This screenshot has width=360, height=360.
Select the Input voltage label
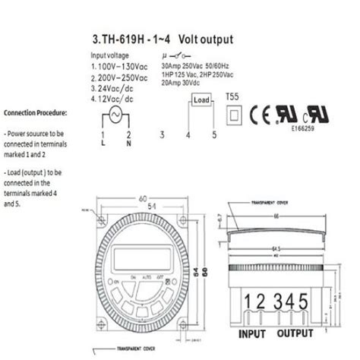[112, 56]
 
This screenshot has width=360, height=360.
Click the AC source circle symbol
[116, 115]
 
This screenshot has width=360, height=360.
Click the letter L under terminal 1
[103, 143]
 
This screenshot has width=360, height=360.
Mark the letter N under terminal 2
[130, 143]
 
